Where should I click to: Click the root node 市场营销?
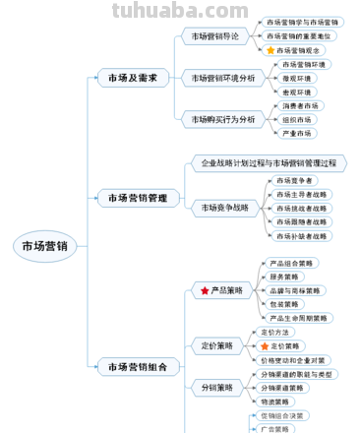click(44, 247)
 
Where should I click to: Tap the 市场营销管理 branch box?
click(137, 198)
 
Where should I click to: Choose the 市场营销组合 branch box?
click(137, 367)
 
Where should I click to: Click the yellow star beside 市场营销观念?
click(270, 50)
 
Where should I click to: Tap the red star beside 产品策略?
click(205, 291)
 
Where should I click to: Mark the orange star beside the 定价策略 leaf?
click(264, 346)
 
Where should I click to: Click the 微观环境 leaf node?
click(296, 78)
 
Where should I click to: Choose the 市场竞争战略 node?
click(224, 208)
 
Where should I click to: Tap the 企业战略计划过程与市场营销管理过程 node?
click(269, 162)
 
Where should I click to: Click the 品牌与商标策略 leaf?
click(296, 291)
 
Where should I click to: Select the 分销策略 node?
click(216, 388)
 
